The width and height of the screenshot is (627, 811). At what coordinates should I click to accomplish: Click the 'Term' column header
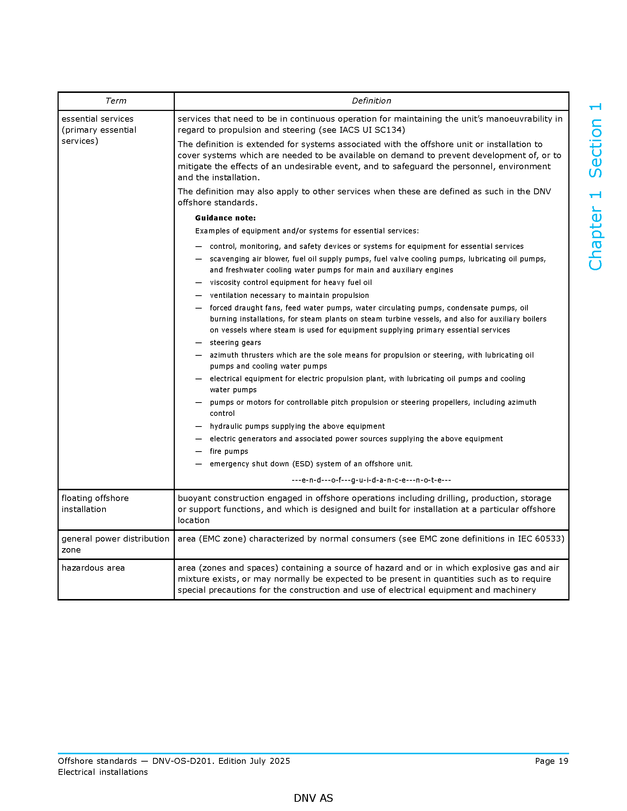115,101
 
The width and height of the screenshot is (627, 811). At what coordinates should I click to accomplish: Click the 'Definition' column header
371,101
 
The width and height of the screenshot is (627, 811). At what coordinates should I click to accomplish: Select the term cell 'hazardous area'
93,568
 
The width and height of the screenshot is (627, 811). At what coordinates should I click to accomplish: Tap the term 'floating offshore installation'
95,504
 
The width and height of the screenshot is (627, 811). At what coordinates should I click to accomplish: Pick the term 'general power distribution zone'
115,544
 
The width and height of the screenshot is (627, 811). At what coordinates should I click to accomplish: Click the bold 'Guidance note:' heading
225,218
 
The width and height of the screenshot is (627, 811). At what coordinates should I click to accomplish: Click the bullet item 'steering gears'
235,342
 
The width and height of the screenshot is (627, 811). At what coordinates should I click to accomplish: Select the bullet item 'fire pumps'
229,451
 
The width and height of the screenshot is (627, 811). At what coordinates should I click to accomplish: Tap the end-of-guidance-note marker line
371,480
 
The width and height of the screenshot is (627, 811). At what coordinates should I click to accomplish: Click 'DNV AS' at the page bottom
313,798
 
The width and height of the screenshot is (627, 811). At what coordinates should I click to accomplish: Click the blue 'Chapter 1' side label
595,231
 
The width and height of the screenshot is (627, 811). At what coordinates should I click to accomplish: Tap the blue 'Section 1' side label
595,140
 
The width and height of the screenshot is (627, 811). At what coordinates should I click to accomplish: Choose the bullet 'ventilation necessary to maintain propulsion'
289,295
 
